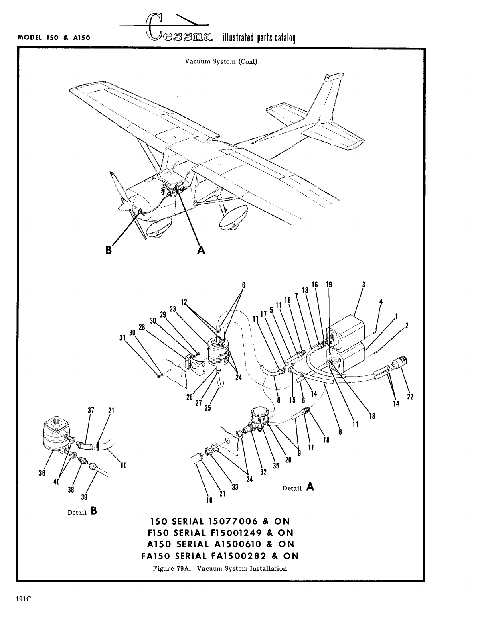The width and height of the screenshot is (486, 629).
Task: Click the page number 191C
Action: click(x=24, y=598)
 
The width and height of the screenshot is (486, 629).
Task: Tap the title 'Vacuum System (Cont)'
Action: click(x=221, y=62)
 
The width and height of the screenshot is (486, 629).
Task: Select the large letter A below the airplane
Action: click(x=201, y=250)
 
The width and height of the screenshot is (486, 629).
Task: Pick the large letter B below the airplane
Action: click(x=108, y=250)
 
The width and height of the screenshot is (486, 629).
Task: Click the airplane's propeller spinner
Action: click(x=124, y=206)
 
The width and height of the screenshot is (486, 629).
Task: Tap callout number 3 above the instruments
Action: click(x=363, y=285)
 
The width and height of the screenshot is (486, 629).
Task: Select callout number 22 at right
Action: click(x=410, y=397)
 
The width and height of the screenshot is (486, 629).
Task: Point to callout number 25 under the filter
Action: click(x=207, y=408)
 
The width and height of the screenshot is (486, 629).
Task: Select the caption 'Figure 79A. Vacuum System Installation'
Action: click(x=220, y=568)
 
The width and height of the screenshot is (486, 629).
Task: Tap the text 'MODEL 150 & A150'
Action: click(x=53, y=38)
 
